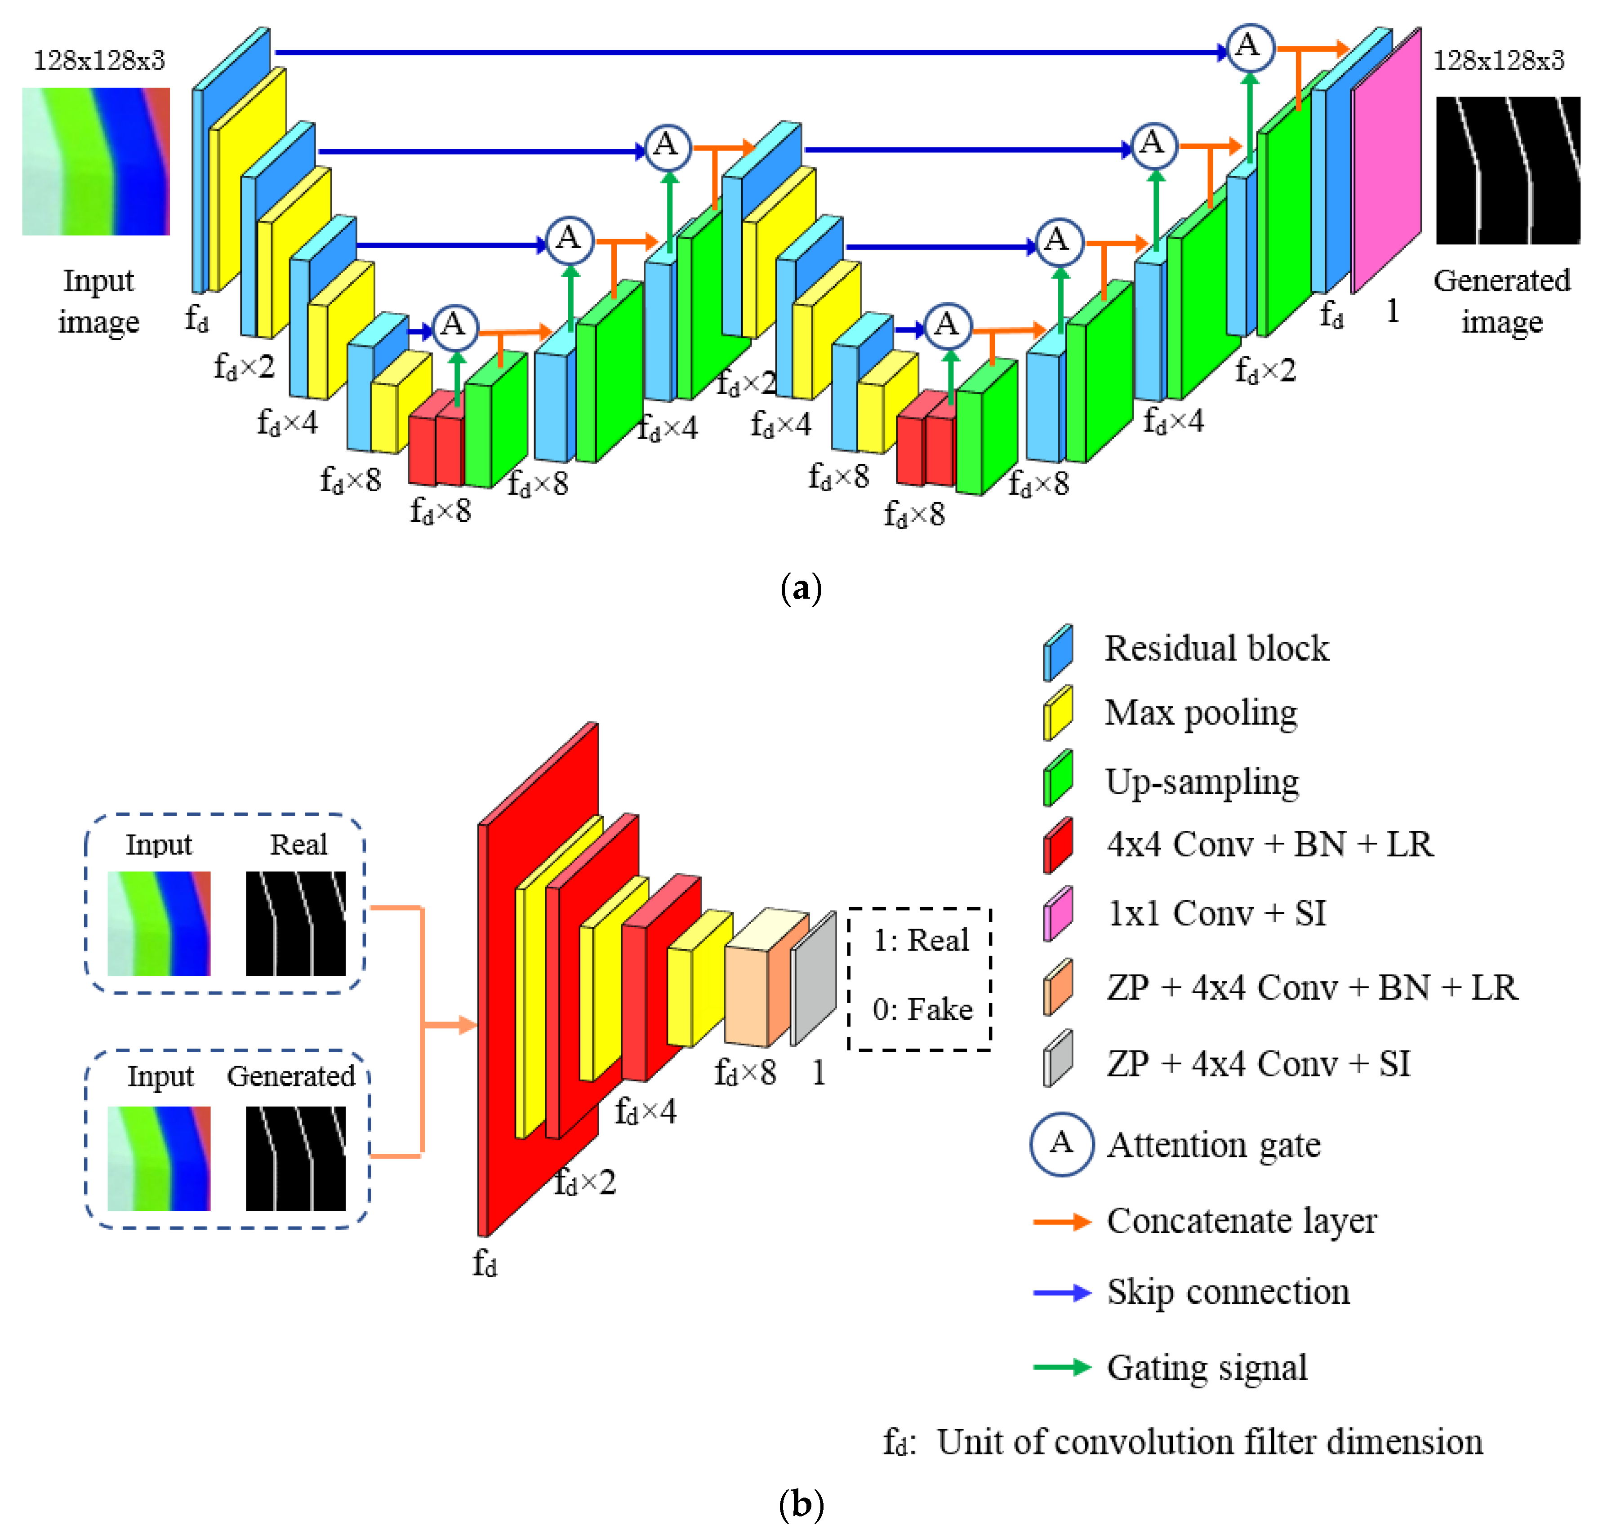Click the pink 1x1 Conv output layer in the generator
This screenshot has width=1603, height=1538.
point(1385,164)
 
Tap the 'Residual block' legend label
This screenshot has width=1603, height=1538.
point(1216,649)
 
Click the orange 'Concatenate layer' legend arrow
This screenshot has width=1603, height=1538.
point(1062,1222)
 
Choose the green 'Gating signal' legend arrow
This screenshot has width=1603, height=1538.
point(1062,1367)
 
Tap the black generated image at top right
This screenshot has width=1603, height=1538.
point(1507,170)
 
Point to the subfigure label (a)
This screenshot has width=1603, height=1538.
point(801,588)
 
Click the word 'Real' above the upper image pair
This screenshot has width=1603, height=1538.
point(298,845)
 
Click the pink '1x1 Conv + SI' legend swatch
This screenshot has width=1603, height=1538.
point(1057,913)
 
